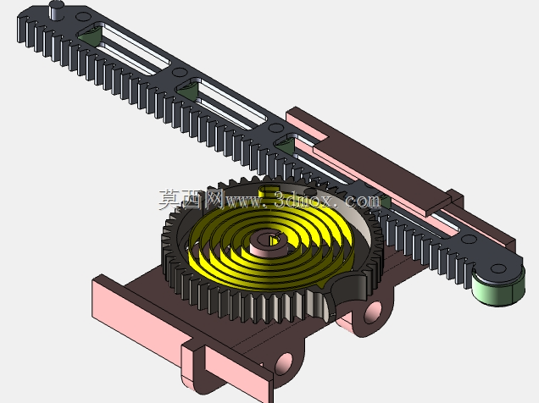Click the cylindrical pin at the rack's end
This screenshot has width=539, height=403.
(57, 10)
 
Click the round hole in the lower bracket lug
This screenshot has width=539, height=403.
(284, 363)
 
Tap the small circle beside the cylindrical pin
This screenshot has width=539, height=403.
(82, 16)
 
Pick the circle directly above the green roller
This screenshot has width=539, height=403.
(497, 268)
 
